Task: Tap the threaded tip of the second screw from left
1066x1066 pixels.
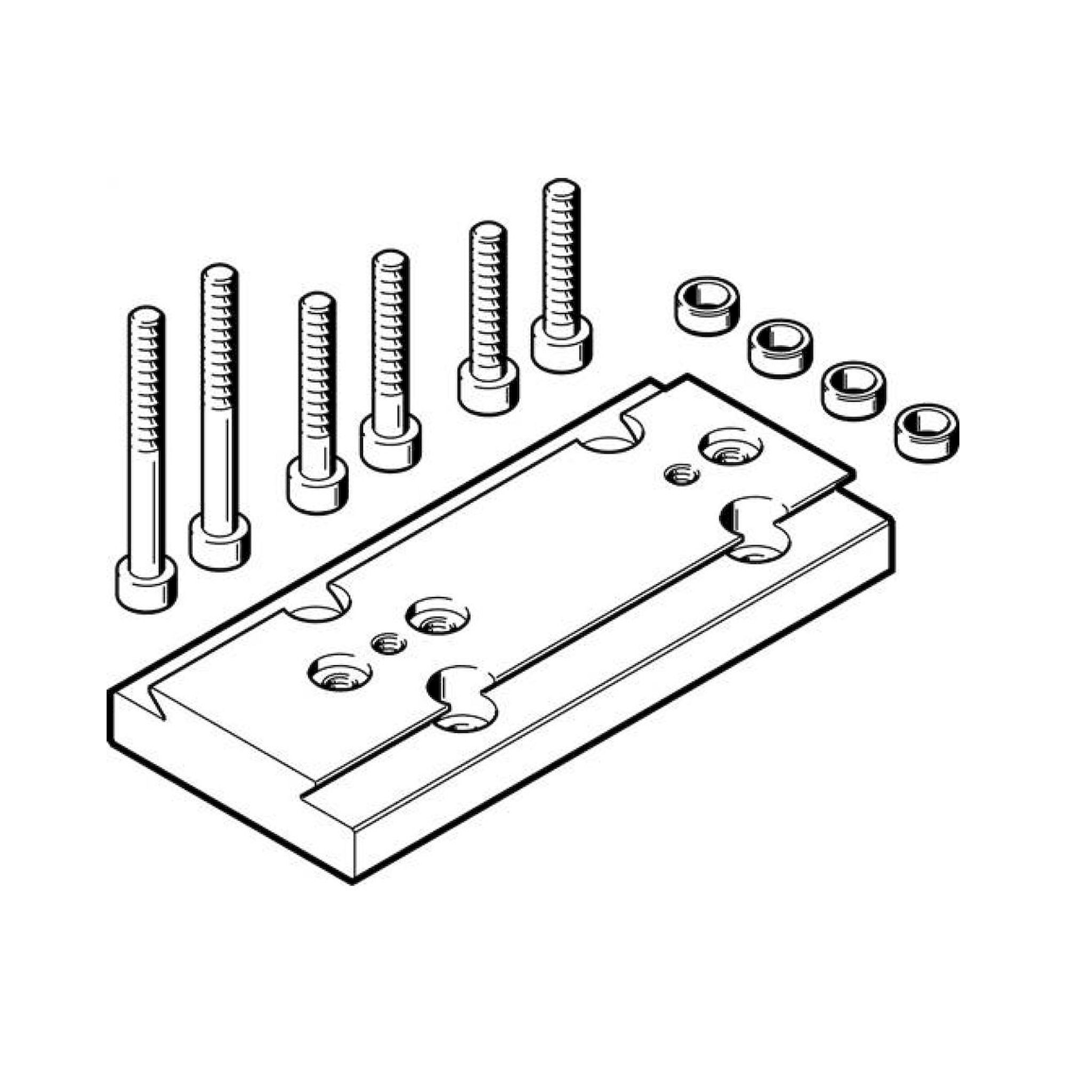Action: (219, 274)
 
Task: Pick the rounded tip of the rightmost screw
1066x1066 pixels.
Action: (561, 189)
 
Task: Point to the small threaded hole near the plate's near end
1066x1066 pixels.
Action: (389, 643)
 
